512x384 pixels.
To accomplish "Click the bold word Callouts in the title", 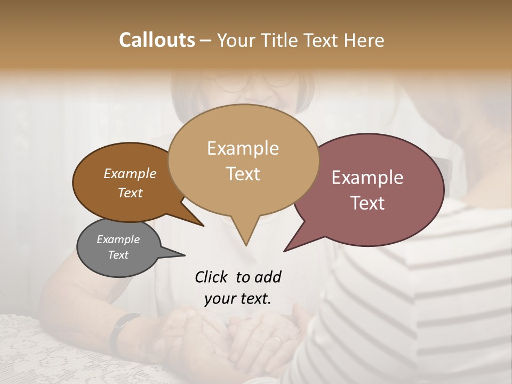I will [x=157, y=40].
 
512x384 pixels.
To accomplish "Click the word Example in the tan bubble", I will [x=243, y=148].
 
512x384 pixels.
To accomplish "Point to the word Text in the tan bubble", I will [x=243, y=174].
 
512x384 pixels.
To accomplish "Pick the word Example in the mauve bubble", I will [x=367, y=178].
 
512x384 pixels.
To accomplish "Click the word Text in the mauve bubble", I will [x=367, y=203].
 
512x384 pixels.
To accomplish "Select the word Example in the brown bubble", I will [x=130, y=174].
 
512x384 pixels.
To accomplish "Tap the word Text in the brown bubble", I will [x=130, y=193].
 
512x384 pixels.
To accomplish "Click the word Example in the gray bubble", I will [x=118, y=239].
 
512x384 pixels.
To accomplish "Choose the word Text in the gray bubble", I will [x=118, y=255].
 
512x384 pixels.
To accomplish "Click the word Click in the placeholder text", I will [x=212, y=277].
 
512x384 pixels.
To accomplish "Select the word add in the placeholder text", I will [x=268, y=277].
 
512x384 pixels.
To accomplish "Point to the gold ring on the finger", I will [x=276, y=340].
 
